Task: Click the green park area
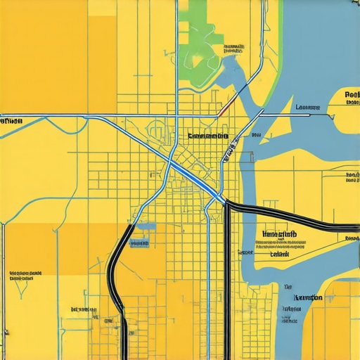(x=200, y=42)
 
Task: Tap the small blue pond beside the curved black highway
(x=146, y=227)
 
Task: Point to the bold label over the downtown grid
(x=208, y=136)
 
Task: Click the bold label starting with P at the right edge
(x=352, y=94)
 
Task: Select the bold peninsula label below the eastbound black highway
(x=278, y=235)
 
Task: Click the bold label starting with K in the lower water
(x=307, y=297)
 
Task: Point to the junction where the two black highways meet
(x=227, y=205)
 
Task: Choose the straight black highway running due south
(x=227, y=281)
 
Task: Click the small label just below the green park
(x=233, y=49)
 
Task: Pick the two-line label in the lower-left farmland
(x=25, y=274)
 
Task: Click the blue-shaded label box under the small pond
(x=140, y=243)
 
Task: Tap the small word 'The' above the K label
(x=288, y=287)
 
